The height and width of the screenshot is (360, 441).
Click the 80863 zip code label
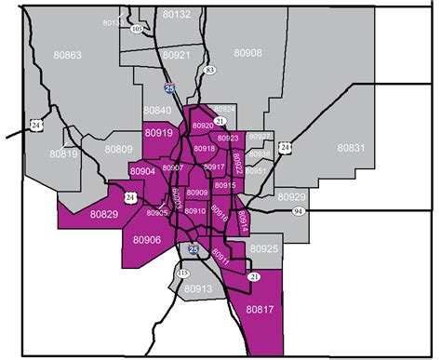pyautogui.click(x=66, y=56)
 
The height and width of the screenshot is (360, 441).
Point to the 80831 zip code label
pyautogui.click(x=352, y=148)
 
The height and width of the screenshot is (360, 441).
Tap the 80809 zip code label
pyautogui.click(x=118, y=149)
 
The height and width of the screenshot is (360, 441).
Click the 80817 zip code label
pyautogui.click(x=261, y=308)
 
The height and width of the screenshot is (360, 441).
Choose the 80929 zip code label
pyautogui.click(x=291, y=197)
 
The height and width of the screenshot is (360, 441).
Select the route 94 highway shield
pyautogui.click(x=299, y=212)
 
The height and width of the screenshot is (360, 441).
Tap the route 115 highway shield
pyautogui.click(x=182, y=273)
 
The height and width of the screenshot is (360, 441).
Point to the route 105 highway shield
pyautogui.click(x=137, y=29)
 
